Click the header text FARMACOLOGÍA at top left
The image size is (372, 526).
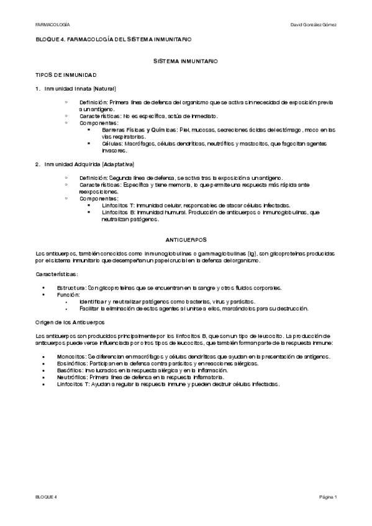[52, 24]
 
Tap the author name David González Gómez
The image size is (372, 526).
[313, 24]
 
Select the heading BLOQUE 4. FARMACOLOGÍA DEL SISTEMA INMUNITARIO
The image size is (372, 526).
[113, 39]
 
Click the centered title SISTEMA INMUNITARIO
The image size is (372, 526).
[186, 62]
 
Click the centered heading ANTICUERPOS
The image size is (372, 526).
[186, 239]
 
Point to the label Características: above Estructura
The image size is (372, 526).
[57, 274]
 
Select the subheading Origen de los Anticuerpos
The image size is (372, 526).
[70, 322]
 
